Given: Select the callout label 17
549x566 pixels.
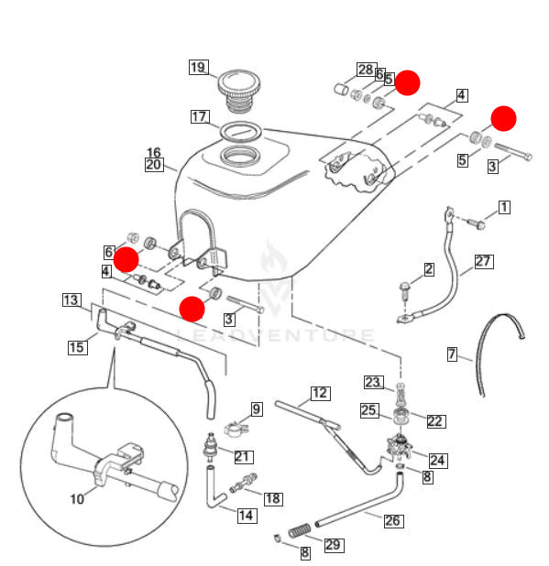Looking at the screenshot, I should point(200,116).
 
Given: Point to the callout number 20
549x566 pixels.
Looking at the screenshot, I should point(153,166).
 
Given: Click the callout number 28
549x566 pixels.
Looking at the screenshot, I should point(365,70).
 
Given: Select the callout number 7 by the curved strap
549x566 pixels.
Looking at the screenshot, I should point(452,354).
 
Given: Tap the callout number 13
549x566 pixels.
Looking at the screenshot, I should point(71,299).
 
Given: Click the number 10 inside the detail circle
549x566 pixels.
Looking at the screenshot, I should point(77,499).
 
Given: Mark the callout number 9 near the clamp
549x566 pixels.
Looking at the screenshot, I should point(257,409).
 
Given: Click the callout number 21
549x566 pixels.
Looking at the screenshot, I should point(243,457).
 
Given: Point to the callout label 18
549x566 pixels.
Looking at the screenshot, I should point(272,498).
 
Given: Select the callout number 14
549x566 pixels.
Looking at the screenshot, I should point(247,516).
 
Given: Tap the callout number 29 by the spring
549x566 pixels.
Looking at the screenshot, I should point(333,545).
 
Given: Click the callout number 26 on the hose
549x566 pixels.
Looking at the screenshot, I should point(392,521).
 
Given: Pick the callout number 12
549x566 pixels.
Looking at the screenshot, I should point(318,393).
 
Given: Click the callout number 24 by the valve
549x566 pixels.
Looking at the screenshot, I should point(438,461).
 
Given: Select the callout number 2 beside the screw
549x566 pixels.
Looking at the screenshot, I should point(428,269).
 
